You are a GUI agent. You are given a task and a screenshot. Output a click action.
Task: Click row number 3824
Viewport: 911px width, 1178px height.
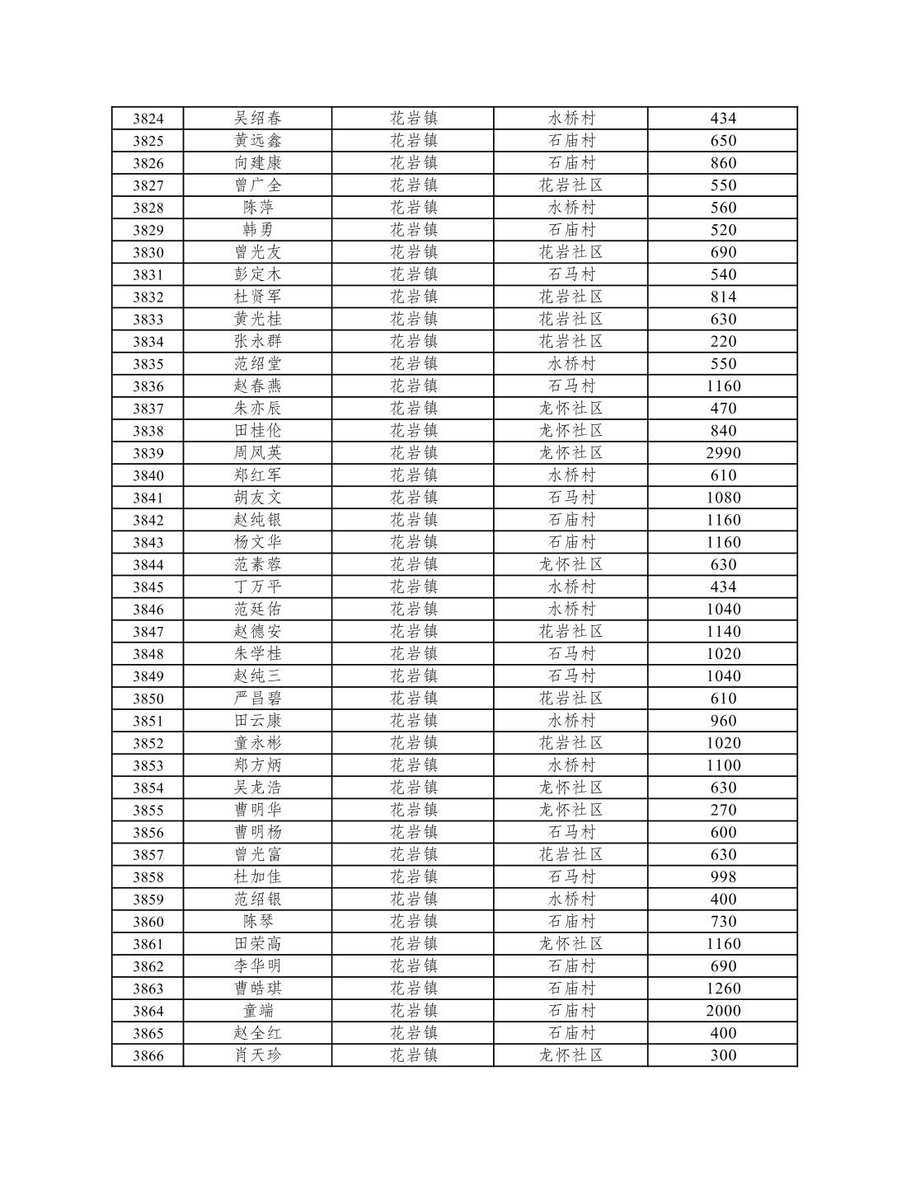148,119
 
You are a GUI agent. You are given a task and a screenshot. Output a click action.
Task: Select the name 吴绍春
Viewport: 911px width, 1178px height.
257,119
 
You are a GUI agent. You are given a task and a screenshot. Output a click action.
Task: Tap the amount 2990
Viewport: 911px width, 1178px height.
723,453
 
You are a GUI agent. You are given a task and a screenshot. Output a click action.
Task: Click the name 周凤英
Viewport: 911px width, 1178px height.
257,453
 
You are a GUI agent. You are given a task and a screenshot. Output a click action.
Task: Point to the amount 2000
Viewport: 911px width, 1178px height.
723,1011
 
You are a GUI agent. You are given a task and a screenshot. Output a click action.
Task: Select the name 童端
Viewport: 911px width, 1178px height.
257,1011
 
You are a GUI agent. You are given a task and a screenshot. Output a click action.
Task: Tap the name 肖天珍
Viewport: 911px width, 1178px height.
257,1055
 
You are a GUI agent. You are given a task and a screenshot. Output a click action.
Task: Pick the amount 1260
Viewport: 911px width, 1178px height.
723,989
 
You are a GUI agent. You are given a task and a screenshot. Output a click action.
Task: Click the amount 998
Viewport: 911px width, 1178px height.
723,877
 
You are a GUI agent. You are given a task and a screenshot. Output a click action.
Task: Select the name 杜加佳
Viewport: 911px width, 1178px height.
257,877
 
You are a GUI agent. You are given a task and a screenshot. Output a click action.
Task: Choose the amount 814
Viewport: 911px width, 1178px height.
723,297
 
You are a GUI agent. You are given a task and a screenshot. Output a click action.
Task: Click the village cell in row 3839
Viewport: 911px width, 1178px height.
571,453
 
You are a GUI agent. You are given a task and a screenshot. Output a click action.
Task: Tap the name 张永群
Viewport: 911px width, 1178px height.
257,342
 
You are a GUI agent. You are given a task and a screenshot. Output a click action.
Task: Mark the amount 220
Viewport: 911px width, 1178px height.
723,342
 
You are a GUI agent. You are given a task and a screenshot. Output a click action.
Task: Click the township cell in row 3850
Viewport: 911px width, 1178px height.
413,699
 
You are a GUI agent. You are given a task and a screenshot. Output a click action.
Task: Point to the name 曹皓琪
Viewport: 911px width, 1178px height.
257,989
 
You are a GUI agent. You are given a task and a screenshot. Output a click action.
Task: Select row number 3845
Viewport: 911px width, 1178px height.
148,587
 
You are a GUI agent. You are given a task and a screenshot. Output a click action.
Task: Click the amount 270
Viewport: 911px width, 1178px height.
723,811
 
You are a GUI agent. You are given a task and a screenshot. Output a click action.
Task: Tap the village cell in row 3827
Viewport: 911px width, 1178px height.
571,185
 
